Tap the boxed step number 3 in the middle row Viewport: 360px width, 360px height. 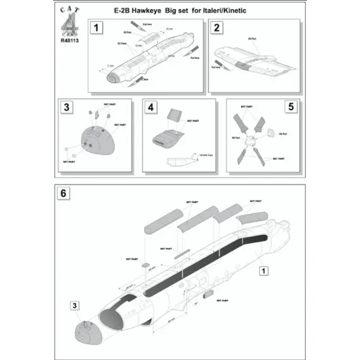pos(66,107)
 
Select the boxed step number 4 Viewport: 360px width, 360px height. pos(150,107)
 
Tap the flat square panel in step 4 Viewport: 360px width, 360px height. pos(172,116)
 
